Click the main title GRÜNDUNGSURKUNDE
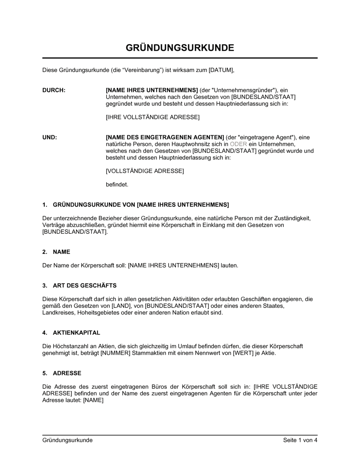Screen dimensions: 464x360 pyautogui.click(x=180, y=48)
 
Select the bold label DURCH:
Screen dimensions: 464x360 pyautogui.click(x=54, y=90)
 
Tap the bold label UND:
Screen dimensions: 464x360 pyautogui.click(x=50, y=137)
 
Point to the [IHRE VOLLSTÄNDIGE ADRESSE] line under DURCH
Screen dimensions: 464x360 pyautogui.click(x=153, y=117)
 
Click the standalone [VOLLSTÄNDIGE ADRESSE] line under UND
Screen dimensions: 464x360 pyautogui.click(x=145, y=171)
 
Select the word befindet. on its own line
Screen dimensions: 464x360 pyautogui.click(x=117, y=185)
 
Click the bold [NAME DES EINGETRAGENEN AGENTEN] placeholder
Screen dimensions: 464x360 pyautogui.click(x=165, y=137)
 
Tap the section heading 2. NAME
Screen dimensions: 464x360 pyautogui.click(x=57, y=252)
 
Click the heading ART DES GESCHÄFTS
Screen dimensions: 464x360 pyautogui.click(x=85, y=286)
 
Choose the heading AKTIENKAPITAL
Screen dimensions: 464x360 pyautogui.click(x=76, y=333)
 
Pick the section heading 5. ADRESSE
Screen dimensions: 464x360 pyautogui.click(x=62, y=373)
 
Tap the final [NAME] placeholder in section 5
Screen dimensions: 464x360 pyautogui.click(x=93, y=400)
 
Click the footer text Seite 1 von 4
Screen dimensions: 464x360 pyautogui.click(x=300, y=440)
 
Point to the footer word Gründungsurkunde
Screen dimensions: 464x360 pyautogui.click(x=67, y=440)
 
